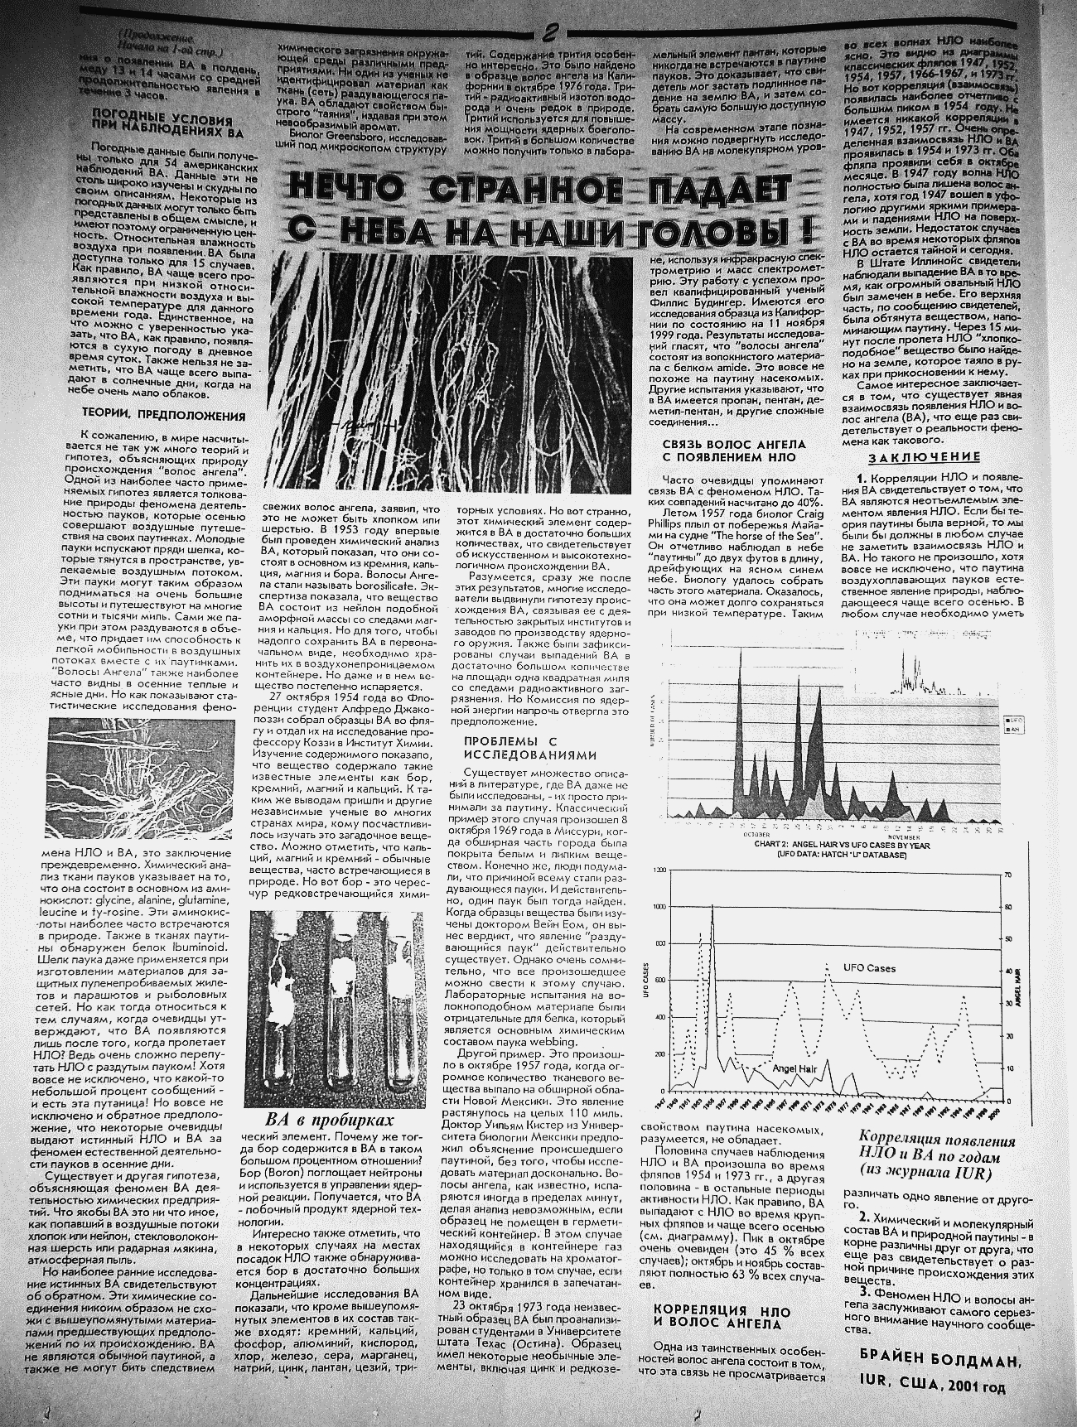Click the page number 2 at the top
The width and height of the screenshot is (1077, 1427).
coord(548,34)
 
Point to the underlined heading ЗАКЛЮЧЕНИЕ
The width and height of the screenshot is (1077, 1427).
coord(924,457)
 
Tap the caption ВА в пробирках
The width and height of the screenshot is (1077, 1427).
coord(329,1120)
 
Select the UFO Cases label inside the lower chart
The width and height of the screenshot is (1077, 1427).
coord(869,967)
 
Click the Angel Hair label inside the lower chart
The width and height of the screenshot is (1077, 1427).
coord(794,1068)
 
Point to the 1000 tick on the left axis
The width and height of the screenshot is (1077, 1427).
coord(660,907)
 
